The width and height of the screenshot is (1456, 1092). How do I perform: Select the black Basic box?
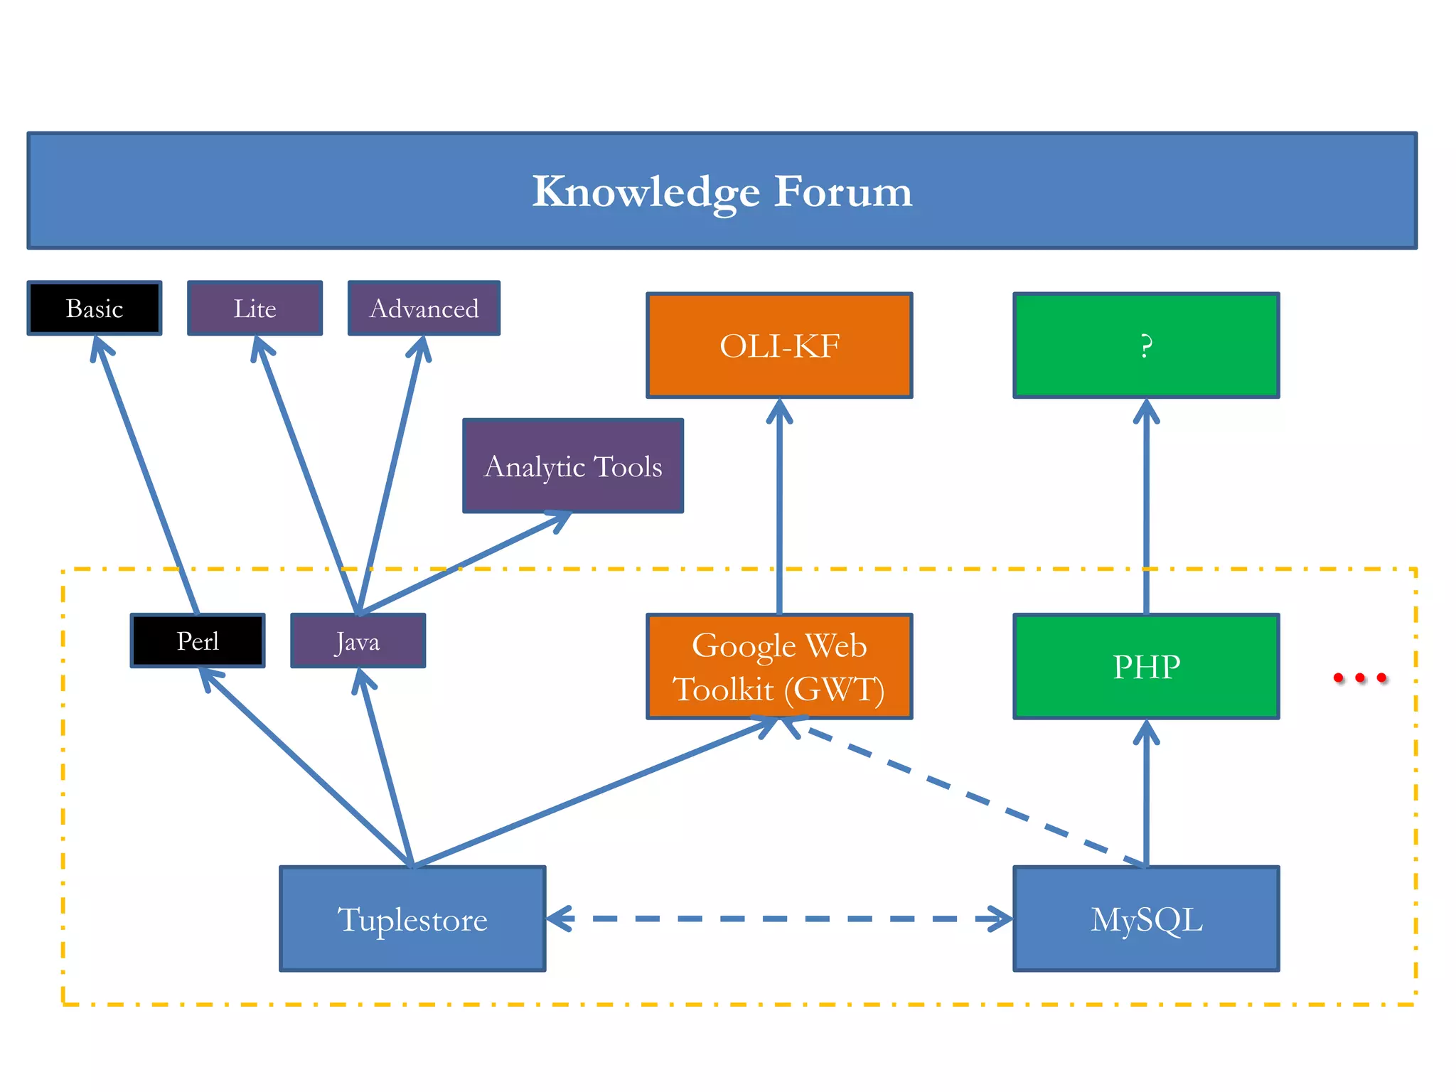click(x=95, y=308)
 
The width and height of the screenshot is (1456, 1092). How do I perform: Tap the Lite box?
click(x=255, y=308)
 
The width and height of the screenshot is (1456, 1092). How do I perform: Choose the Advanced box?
click(x=424, y=308)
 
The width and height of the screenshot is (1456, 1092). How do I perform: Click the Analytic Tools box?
click(x=573, y=466)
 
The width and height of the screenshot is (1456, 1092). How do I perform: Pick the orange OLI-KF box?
click(x=779, y=346)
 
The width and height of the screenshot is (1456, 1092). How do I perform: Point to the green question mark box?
click(x=1146, y=346)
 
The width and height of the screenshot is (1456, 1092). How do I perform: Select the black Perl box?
click(x=198, y=641)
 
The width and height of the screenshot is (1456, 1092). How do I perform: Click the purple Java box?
click(x=358, y=641)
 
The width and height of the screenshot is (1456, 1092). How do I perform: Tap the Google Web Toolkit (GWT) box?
click(x=779, y=667)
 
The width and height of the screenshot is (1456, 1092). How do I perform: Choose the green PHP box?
click(x=1146, y=667)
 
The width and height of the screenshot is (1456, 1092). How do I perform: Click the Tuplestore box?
click(x=412, y=919)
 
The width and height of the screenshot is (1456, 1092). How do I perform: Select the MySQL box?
click(x=1146, y=919)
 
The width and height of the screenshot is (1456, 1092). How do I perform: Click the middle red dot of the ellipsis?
click(x=1360, y=678)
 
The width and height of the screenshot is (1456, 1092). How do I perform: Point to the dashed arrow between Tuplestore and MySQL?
click(x=779, y=919)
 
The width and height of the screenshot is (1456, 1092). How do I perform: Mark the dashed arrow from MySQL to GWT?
click(x=967, y=793)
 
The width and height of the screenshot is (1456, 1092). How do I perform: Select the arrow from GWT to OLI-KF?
click(x=779, y=505)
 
